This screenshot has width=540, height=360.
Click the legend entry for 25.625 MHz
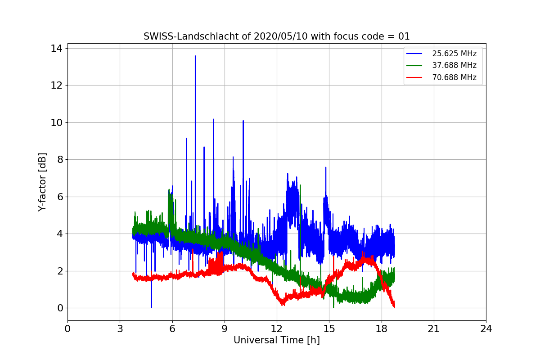[x=454, y=54]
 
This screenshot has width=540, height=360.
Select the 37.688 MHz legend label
[x=454, y=65]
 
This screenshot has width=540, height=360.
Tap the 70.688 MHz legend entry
[x=454, y=77]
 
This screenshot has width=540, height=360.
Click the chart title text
[x=276, y=36]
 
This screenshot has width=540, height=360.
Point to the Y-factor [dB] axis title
[x=42, y=182]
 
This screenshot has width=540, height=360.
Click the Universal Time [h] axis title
[x=276, y=341]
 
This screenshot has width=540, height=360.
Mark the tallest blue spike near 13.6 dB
[x=195, y=56]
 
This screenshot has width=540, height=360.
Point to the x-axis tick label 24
[x=486, y=329]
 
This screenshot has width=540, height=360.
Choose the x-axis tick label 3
[x=120, y=329]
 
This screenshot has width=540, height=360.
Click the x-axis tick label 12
[x=277, y=329]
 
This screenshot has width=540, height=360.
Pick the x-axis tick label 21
[x=434, y=329]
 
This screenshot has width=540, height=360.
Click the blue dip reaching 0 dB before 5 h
[x=152, y=307]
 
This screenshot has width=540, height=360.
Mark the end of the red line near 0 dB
[x=394, y=307]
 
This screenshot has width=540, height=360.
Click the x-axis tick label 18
[x=382, y=329]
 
